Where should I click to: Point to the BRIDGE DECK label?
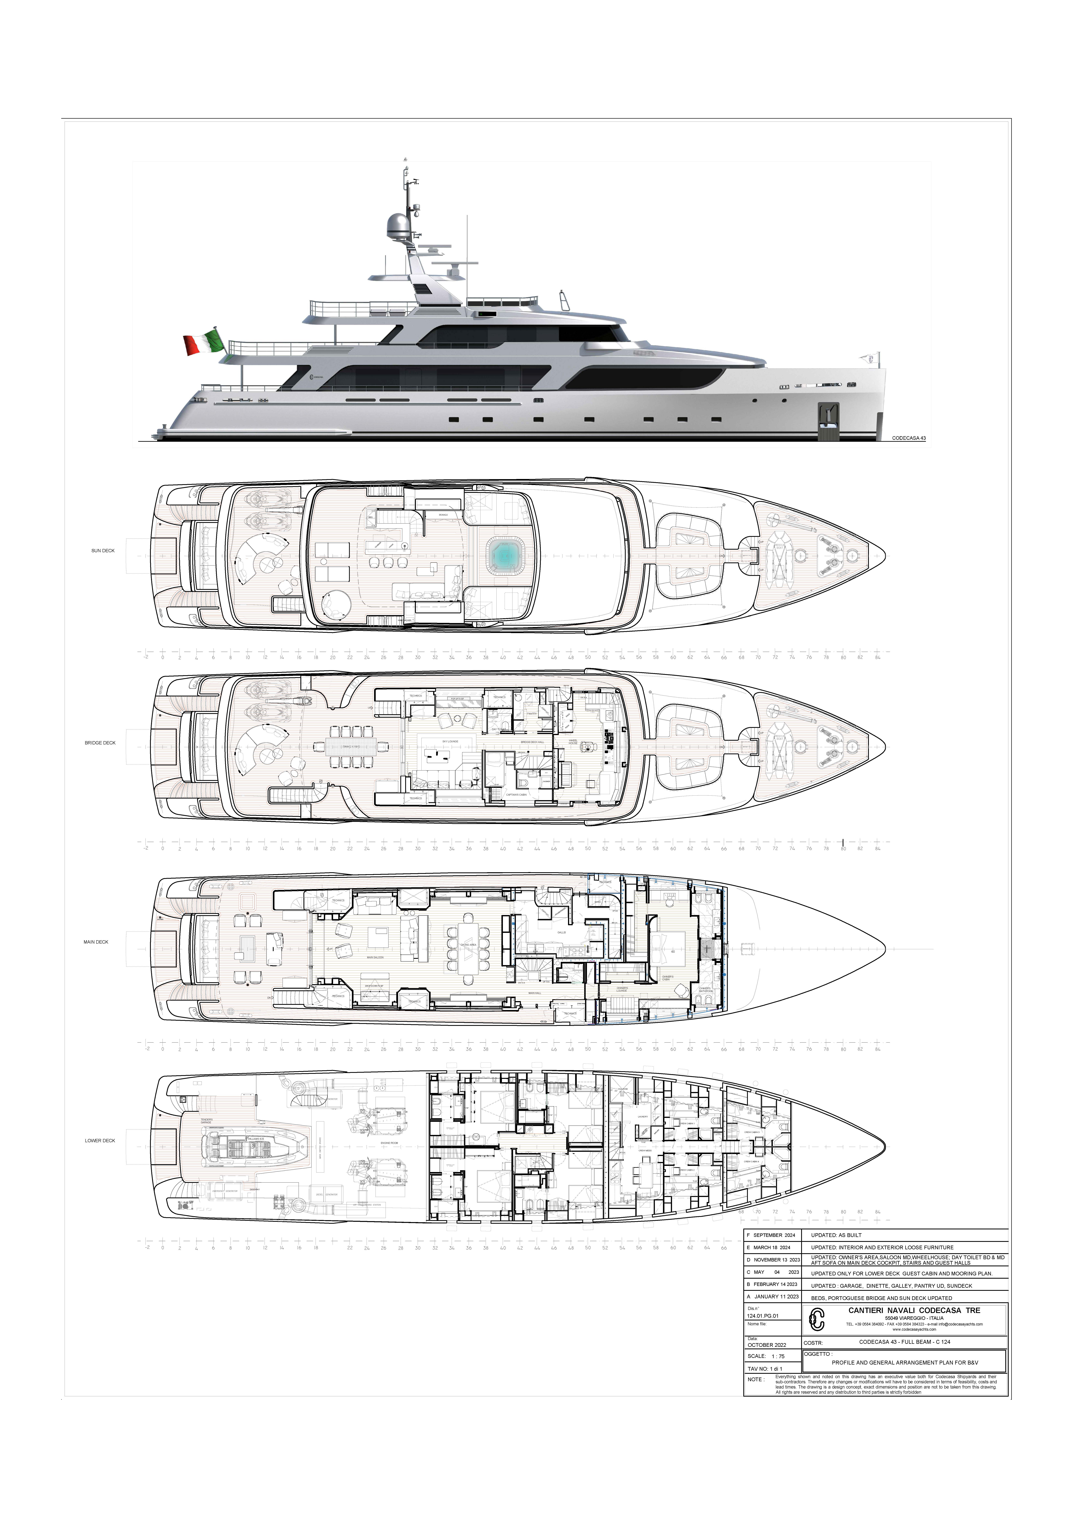(x=100, y=743)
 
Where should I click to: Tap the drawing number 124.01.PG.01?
(x=763, y=1315)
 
